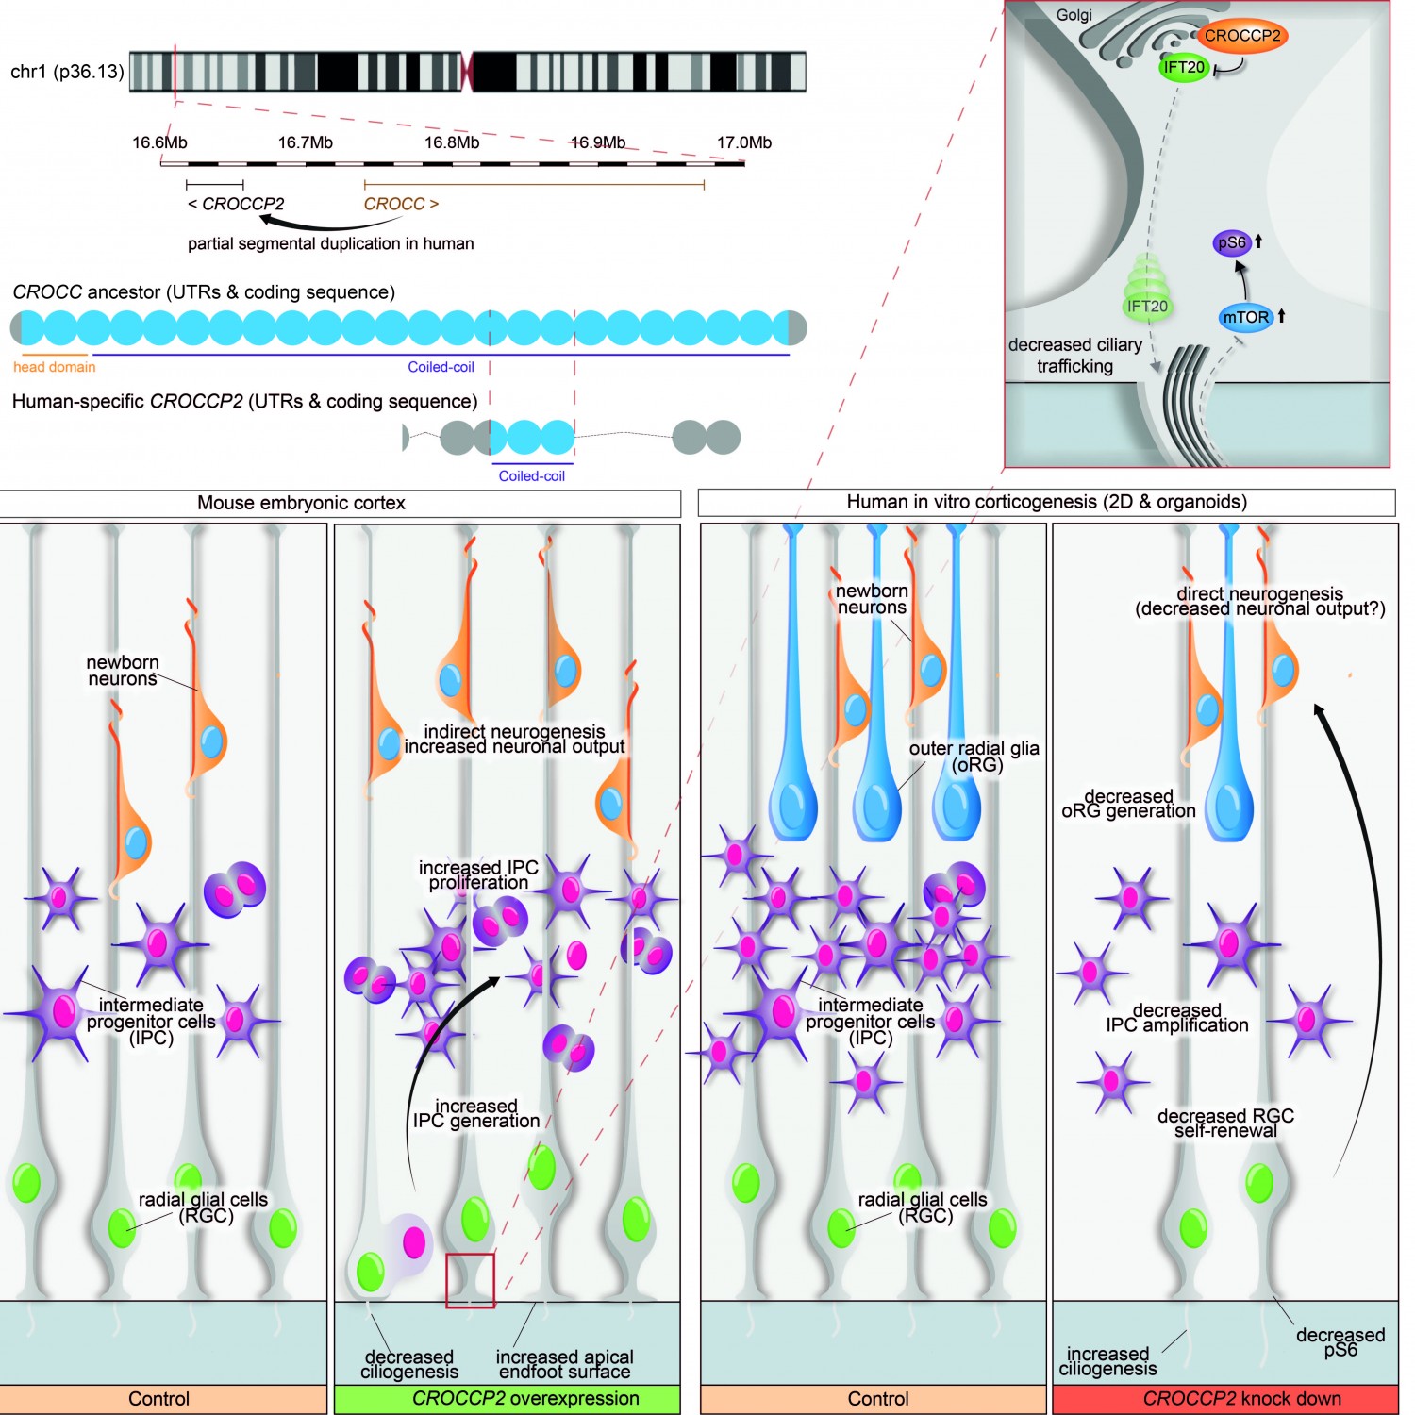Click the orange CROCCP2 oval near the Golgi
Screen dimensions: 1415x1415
tap(1241, 36)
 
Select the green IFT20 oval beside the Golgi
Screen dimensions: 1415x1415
tap(1184, 67)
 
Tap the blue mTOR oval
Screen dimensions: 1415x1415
tap(1245, 317)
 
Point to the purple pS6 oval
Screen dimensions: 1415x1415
tap(1232, 242)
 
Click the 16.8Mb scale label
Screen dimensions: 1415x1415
tap(452, 142)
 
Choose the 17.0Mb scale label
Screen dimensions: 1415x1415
tap(743, 142)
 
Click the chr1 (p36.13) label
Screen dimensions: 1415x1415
tap(67, 72)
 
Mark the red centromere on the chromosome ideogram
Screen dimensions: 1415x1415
tap(466, 72)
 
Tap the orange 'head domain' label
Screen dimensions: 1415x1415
tap(54, 367)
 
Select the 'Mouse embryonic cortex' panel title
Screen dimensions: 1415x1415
tap(301, 503)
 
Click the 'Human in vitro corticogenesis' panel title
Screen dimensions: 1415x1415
tap(1046, 502)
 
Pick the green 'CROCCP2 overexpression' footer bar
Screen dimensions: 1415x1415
tap(508, 1398)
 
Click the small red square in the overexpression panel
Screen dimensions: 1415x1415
tap(470, 1280)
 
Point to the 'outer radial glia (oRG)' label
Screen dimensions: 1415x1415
tap(974, 756)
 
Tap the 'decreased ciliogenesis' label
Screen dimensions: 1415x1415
tap(409, 1364)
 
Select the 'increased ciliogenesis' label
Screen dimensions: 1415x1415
tap(1107, 1361)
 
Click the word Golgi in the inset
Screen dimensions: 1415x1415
tap(1074, 15)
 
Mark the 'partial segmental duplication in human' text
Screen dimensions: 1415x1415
tap(330, 243)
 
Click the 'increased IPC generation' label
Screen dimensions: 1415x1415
tap(476, 1113)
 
